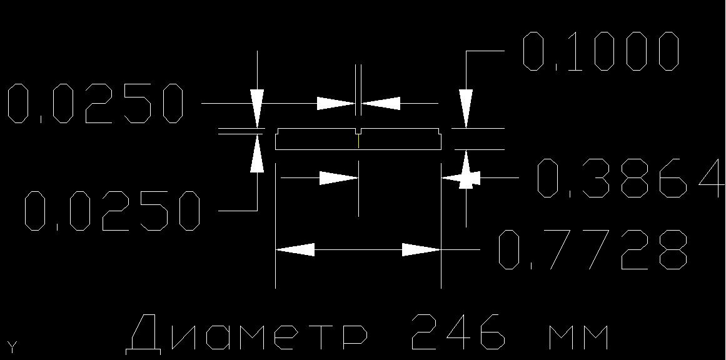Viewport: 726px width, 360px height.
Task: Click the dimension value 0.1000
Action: point(600,51)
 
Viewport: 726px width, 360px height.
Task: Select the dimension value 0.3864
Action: point(629,177)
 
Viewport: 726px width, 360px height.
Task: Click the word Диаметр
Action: point(247,333)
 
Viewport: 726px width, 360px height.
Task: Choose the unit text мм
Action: point(578,337)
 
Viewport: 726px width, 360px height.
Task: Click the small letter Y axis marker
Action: point(12,347)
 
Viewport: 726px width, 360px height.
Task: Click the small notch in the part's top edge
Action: point(359,131)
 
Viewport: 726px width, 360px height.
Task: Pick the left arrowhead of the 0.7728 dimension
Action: point(295,250)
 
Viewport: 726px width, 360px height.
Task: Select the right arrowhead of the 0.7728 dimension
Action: point(421,250)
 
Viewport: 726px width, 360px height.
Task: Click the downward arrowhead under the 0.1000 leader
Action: point(466,108)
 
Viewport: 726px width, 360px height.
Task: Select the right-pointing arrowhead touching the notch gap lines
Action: point(336,103)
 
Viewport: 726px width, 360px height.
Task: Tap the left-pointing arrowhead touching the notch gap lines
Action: point(381,103)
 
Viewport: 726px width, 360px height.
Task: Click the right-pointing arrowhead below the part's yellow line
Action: point(339,177)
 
